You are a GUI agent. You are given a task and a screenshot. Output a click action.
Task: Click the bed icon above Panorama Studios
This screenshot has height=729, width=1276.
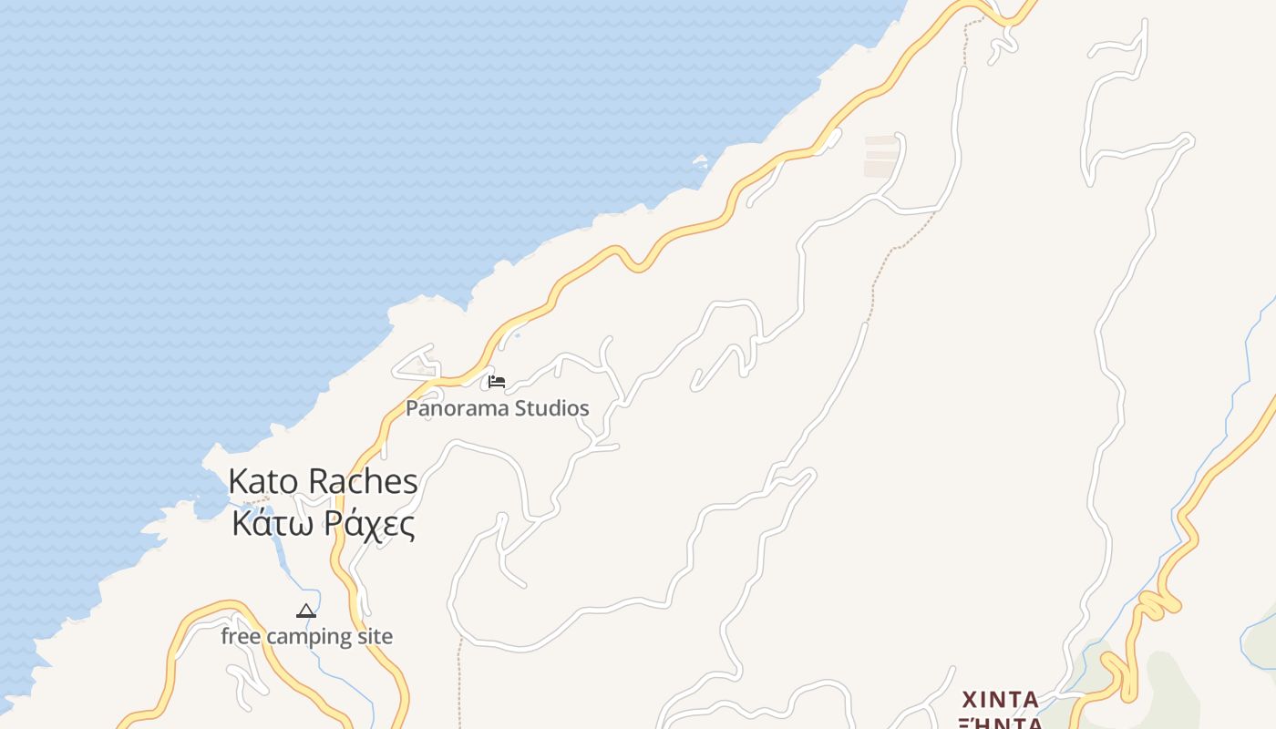coord(497,381)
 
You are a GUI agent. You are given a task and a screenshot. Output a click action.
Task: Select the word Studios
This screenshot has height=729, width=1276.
coord(551,408)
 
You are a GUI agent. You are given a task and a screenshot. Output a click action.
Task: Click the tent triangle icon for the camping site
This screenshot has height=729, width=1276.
coord(306,611)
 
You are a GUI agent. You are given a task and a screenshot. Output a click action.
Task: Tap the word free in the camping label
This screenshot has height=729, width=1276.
coord(241,636)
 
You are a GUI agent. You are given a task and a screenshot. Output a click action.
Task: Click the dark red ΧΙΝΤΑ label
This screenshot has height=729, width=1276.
coord(1001,700)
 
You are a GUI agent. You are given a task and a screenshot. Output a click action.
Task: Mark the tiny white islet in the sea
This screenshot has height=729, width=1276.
coord(701,162)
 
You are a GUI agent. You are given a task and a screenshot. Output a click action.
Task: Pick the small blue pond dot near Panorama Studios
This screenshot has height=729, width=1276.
coord(518,334)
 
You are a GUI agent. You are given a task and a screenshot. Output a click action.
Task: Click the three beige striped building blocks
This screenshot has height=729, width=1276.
coord(881,156)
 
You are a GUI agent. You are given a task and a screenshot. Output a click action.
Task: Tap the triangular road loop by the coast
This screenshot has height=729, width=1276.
coord(417,364)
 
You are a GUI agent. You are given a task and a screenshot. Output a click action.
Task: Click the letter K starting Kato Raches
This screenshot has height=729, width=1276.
coord(239,481)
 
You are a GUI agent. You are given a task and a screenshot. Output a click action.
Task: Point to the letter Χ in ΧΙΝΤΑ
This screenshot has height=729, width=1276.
coord(971,700)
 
